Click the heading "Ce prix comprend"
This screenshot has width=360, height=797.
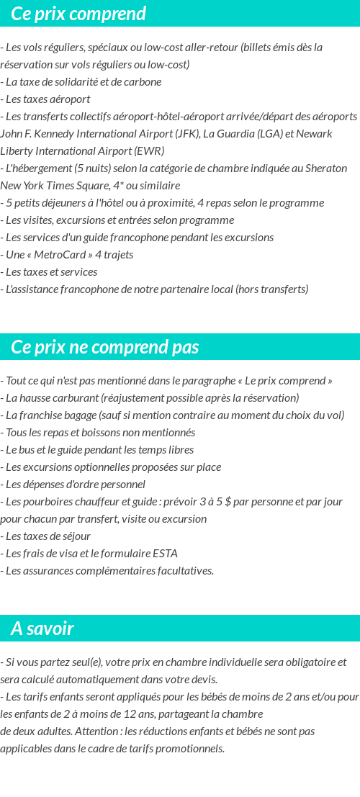(78, 14)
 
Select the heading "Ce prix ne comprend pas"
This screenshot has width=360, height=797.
(104, 347)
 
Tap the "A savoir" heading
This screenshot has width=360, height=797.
(42, 629)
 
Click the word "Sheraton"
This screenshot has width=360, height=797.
(325, 168)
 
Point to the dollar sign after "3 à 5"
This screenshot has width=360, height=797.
(228, 502)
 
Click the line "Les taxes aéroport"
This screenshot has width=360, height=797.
(48, 99)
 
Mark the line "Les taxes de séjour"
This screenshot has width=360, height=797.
(48, 536)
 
